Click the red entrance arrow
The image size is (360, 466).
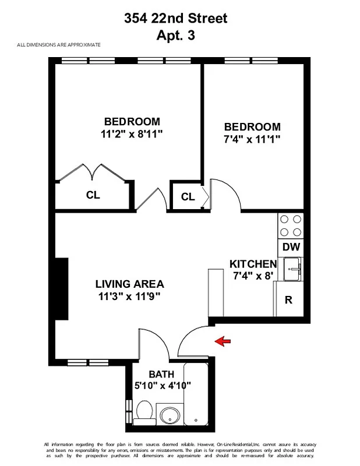pyautogui.click(x=223, y=341)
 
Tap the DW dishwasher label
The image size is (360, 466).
pyautogui.click(x=291, y=247)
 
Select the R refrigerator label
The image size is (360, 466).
pyautogui.click(x=288, y=300)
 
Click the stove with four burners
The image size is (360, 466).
pyautogui.click(x=291, y=226)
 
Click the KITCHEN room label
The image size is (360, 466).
pyautogui.click(x=253, y=264)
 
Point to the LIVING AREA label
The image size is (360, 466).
pyautogui.click(x=129, y=284)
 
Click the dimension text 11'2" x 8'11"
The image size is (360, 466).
pyautogui.click(x=130, y=133)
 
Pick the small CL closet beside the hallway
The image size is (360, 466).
pyautogui.click(x=188, y=197)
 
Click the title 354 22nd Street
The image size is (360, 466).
pyautogui.click(x=175, y=19)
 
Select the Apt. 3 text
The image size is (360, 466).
pyautogui.click(x=175, y=35)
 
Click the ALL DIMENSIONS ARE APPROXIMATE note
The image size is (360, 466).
pyautogui.click(x=59, y=45)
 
